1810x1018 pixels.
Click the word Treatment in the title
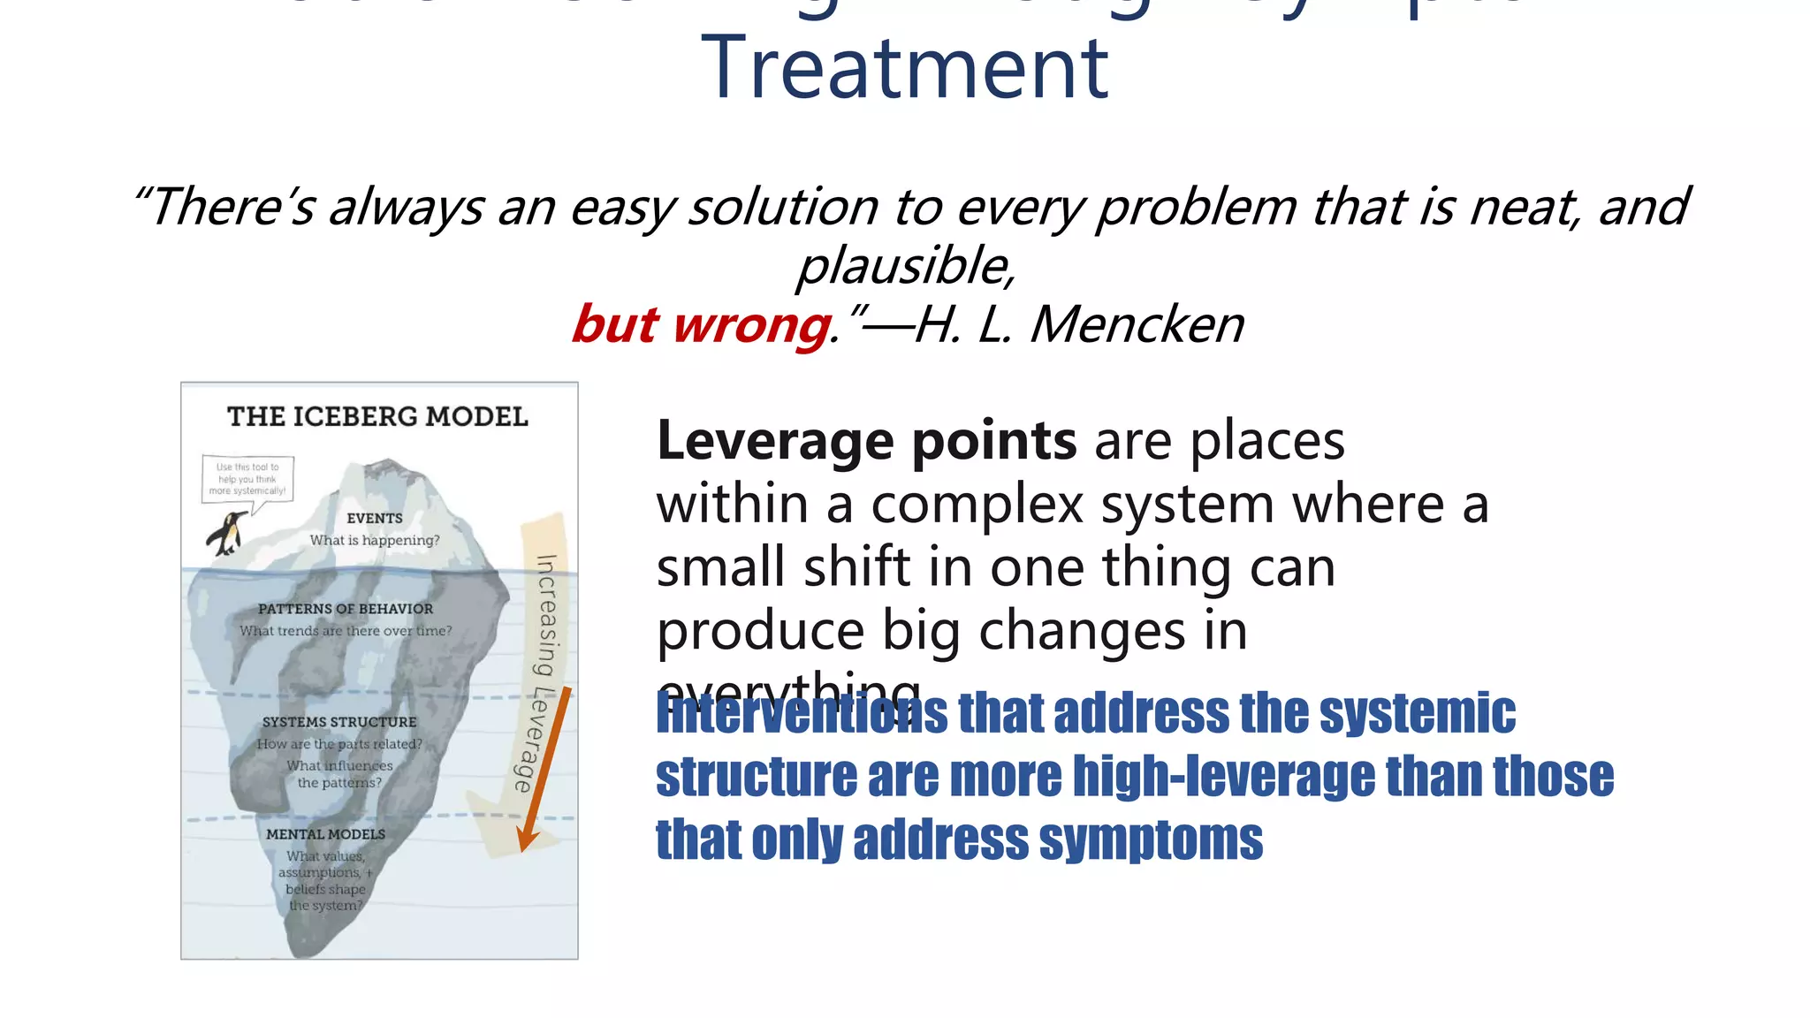point(904,69)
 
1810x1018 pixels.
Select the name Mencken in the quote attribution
point(1137,324)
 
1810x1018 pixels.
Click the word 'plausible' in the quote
point(904,265)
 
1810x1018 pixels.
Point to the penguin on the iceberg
point(227,534)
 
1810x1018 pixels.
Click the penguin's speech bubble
point(247,480)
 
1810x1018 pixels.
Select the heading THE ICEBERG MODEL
point(377,416)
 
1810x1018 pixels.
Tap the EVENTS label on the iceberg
point(375,519)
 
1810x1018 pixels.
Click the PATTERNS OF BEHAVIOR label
point(346,609)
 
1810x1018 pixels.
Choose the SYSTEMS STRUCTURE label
point(339,722)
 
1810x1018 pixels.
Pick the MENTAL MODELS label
point(325,834)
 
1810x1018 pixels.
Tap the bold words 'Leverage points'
point(866,440)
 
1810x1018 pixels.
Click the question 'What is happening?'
point(375,540)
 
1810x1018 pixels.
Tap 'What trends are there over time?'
point(346,631)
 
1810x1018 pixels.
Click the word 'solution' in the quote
point(783,207)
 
